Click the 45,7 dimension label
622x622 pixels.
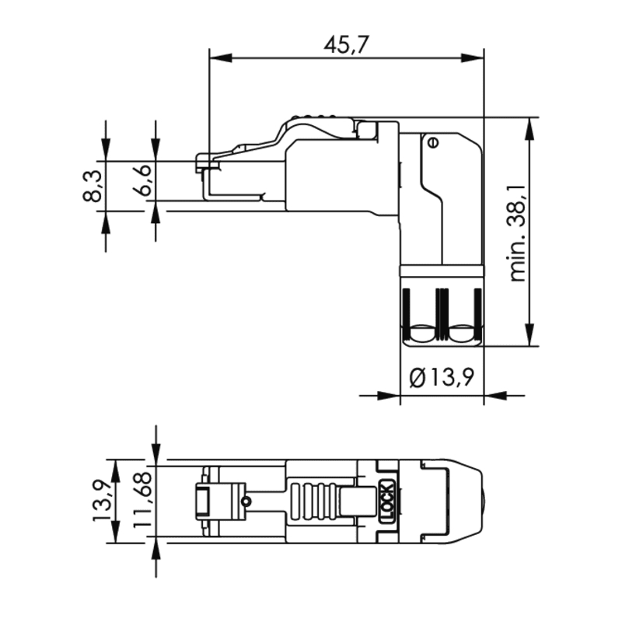point(346,44)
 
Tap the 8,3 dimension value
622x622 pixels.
point(93,186)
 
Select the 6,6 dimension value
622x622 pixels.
point(142,180)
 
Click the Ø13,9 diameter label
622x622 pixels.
point(442,377)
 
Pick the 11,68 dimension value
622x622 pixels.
point(143,499)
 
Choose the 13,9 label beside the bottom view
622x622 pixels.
point(102,501)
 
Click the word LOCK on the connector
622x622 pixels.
point(386,501)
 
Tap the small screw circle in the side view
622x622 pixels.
point(433,142)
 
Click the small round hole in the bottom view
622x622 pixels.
point(246,501)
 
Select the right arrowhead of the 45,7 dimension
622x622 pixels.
point(473,58)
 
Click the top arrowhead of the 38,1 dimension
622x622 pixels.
point(529,129)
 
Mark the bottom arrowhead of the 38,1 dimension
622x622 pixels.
point(529,334)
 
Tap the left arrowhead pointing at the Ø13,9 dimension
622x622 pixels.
point(388,396)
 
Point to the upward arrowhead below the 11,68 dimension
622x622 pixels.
point(156,547)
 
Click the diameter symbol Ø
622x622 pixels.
point(418,378)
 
